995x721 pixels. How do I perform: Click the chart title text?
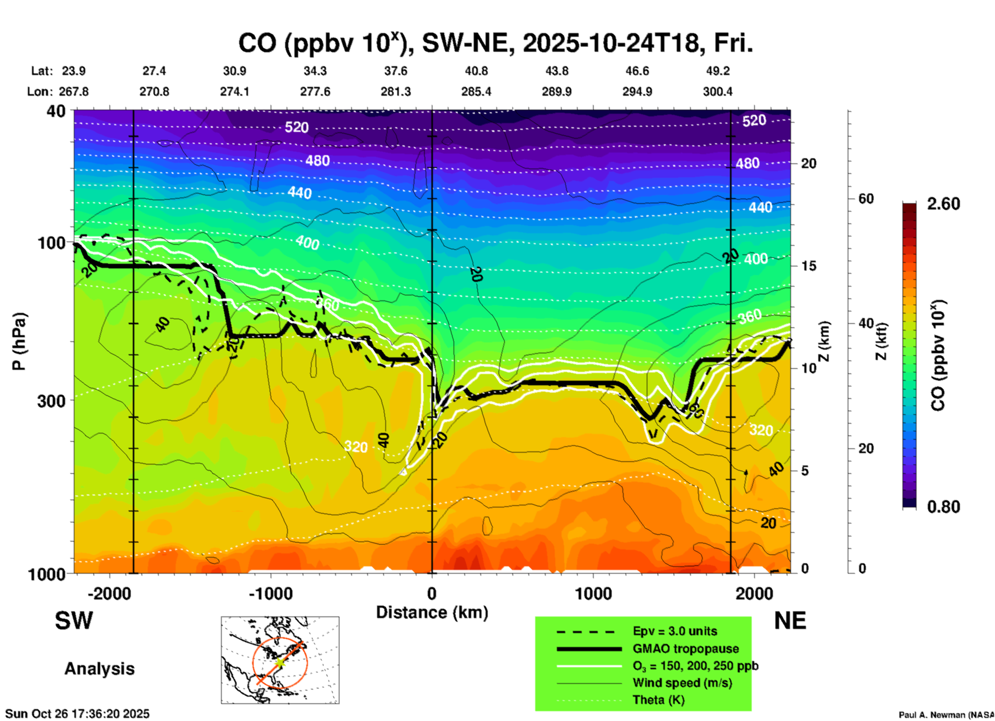coord(495,43)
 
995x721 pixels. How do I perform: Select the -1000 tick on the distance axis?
coord(270,593)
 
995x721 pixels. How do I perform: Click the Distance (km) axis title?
coord(432,612)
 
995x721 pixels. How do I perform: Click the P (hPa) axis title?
coord(19,341)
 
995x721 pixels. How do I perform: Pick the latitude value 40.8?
coord(476,71)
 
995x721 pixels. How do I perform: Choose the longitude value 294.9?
coord(637,92)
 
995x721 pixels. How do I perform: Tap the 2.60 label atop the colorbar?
coord(943,204)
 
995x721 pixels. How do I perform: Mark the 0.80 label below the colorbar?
coord(943,506)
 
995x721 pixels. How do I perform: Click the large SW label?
coord(74,621)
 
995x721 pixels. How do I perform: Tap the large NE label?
coord(790,621)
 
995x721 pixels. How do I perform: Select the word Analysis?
coord(99,669)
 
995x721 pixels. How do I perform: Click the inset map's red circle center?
coord(279,662)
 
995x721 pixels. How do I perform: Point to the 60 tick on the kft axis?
coord(866,199)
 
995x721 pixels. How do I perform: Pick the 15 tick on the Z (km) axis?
coord(809,266)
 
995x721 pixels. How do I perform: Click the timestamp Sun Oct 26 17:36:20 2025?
coord(77,714)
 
